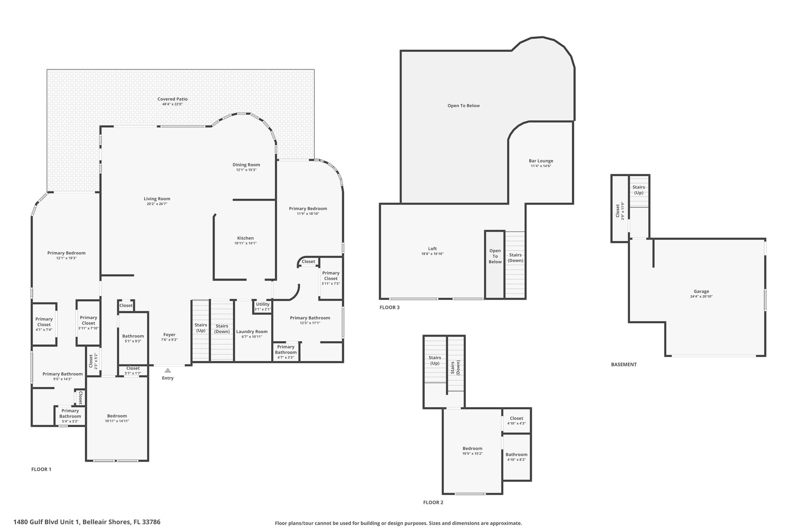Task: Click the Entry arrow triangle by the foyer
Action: tap(168, 370)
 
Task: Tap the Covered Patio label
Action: tap(172, 99)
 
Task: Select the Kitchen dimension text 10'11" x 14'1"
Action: tap(246, 244)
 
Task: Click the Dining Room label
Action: tap(246, 165)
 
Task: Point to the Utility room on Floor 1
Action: tap(263, 306)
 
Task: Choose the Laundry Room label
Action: tap(252, 332)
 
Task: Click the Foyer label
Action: tap(169, 335)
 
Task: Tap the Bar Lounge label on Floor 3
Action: tap(541, 161)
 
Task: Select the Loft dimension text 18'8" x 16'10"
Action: tap(432, 254)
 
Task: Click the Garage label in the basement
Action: tap(701, 291)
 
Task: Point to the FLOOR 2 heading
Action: tap(433, 502)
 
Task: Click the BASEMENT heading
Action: tap(624, 365)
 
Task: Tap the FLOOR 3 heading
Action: tap(390, 307)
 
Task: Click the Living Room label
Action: tap(157, 199)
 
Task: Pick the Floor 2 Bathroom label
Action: tap(516, 454)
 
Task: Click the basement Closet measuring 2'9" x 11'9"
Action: tap(620, 209)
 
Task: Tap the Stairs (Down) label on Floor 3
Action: tap(515, 258)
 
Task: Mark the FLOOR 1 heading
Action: tap(41, 469)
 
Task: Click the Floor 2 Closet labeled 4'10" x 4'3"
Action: tap(516, 421)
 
